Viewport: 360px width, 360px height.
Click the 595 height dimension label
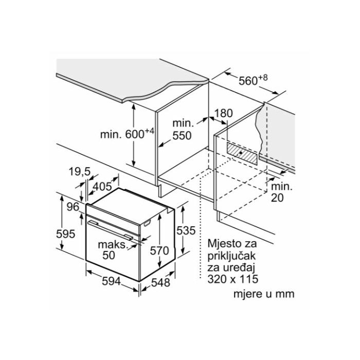point(66,234)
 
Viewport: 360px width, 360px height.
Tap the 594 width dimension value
point(112,281)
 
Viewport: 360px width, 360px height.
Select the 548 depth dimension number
point(160,282)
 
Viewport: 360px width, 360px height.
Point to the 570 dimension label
point(159,250)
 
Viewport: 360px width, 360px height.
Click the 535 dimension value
point(186,230)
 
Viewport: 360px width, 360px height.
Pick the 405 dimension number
point(102,186)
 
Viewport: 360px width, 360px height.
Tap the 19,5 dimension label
point(80,172)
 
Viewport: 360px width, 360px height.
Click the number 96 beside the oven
point(73,207)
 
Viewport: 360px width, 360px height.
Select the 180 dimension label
point(223,113)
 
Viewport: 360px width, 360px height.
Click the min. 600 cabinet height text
point(127,134)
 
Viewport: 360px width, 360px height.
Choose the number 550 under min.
point(182,135)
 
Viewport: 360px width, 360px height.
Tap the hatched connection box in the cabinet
point(242,153)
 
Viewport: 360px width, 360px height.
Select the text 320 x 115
point(233,279)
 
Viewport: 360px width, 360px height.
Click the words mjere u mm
point(264,294)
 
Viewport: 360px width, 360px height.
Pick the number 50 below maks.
point(109,255)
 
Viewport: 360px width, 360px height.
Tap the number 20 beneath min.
point(277,197)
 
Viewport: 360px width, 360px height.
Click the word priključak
point(231,256)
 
